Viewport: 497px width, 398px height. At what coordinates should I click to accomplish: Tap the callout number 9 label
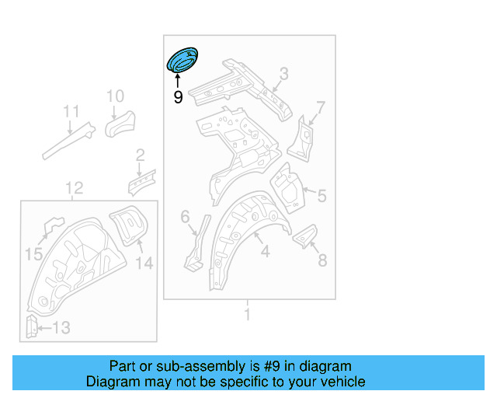[x=178, y=98]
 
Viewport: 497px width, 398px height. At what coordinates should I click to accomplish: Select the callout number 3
[x=283, y=74]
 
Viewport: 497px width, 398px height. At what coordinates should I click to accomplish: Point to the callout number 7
[x=320, y=106]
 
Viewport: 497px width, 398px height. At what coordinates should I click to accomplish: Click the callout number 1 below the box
[x=247, y=315]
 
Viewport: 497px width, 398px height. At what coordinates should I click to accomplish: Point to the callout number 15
[x=33, y=254]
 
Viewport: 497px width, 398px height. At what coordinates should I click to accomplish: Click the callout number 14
[x=144, y=263]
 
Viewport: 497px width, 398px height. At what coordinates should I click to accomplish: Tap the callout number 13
[x=61, y=329]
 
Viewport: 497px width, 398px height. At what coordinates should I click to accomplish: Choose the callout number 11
[x=71, y=111]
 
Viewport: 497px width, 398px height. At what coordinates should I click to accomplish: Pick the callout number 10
[x=115, y=96]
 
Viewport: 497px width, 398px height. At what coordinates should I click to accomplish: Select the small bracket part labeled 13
[x=32, y=327]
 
